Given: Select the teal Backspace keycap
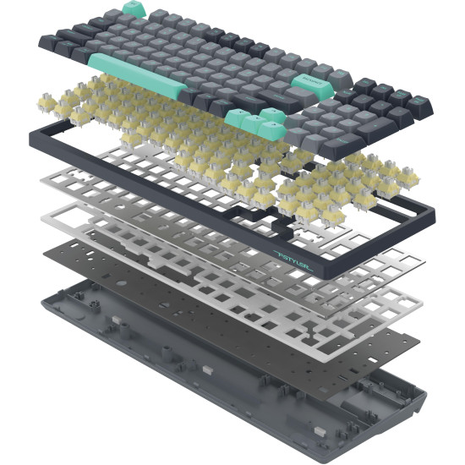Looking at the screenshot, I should click(308, 81).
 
